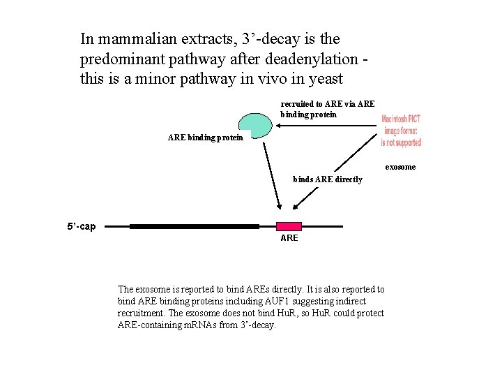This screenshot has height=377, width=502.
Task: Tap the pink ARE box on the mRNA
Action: tap(289, 226)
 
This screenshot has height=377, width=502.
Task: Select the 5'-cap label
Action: tap(82, 226)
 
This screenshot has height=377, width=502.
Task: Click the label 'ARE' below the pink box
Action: tap(289, 238)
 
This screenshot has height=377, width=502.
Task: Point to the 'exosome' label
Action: tap(400, 167)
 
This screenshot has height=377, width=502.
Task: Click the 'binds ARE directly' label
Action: tap(328, 179)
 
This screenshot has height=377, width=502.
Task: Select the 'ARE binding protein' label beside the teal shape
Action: tap(205, 138)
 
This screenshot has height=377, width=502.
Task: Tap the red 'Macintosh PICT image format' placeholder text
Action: tap(401, 131)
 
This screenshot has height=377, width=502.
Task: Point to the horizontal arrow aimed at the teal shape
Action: tap(328, 126)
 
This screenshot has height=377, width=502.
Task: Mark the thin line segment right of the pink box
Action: tap(321, 226)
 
